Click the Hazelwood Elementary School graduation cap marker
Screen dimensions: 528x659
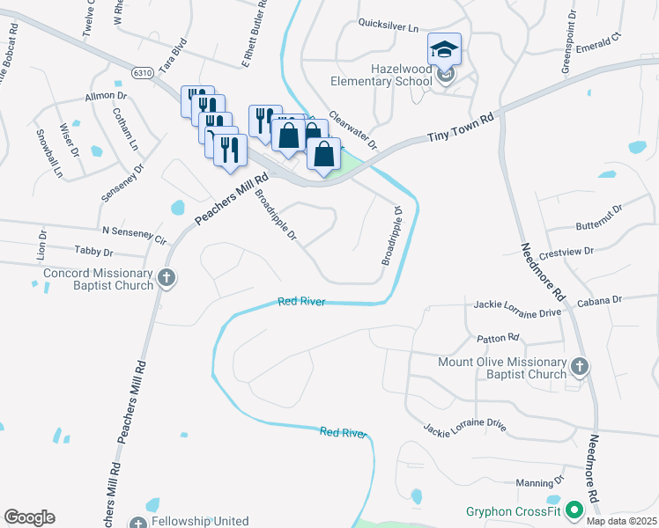point(445,51)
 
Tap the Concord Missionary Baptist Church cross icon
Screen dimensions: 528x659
point(166,280)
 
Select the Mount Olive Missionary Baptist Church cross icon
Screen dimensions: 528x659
point(579,365)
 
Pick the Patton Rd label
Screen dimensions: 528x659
point(498,337)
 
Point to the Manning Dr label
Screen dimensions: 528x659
point(540,482)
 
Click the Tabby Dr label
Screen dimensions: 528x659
point(96,252)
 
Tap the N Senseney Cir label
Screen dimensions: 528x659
point(134,233)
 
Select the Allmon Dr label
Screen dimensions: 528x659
point(106,95)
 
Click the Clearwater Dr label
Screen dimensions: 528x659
point(352,129)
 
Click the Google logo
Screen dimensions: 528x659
point(29,517)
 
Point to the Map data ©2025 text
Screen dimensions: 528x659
point(622,521)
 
